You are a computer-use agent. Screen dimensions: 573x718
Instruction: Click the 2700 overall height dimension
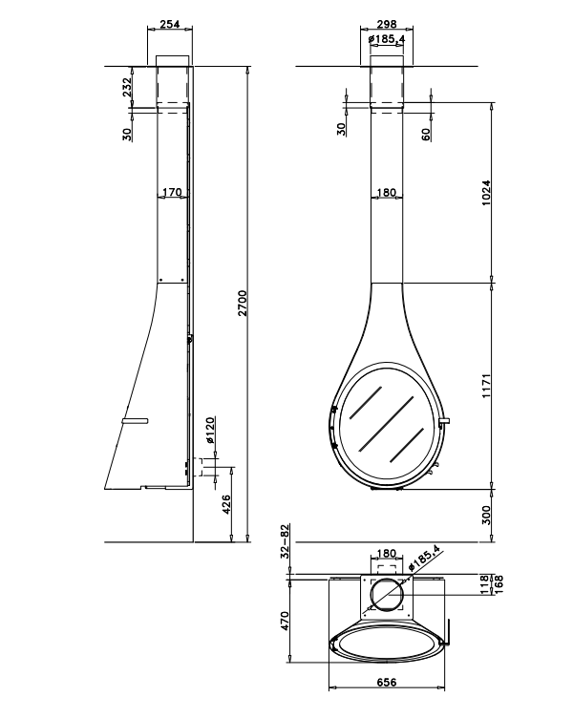click(243, 303)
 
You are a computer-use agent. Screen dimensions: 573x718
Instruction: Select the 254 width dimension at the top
click(170, 23)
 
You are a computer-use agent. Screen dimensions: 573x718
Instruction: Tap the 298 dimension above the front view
click(387, 23)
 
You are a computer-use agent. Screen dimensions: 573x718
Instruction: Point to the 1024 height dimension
click(486, 193)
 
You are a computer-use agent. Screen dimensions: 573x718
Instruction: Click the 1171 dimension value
click(486, 386)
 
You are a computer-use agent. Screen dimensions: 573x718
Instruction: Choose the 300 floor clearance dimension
click(486, 516)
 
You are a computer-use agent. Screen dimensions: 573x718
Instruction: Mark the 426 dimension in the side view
click(225, 504)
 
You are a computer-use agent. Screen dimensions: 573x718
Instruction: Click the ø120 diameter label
click(210, 430)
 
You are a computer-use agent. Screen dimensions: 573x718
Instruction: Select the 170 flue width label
click(172, 192)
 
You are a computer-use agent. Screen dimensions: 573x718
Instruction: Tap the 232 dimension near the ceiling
click(127, 87)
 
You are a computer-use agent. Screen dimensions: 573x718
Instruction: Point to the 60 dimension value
click(426, 135)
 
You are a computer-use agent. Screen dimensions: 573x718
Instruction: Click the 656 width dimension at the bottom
click(387, 683)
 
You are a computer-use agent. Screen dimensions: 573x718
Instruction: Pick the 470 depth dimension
click(285, 621)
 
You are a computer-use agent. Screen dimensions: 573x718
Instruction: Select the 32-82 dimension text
click(285, 541)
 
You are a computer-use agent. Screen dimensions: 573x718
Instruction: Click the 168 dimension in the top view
click(498, 584)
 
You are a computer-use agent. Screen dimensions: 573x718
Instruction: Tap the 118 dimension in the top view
click(485, 584)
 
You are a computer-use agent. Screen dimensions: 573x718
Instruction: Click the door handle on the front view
click(444, 421)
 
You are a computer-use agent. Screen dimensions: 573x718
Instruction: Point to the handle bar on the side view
click(135, 421)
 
